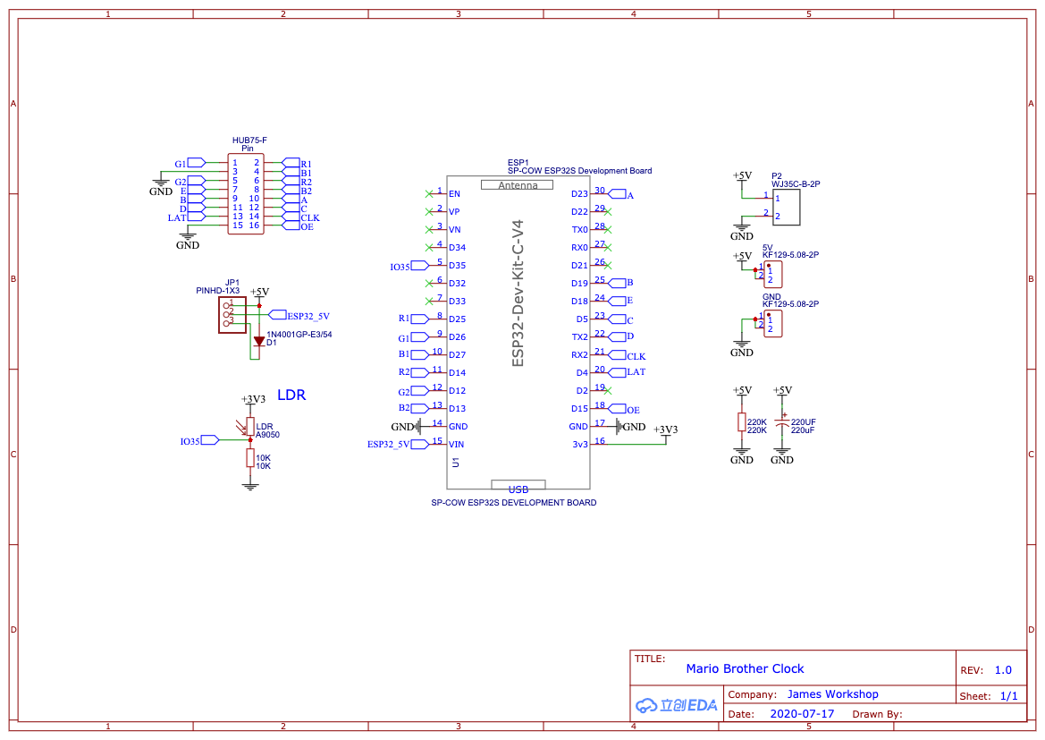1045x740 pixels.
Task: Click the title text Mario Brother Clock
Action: (x=745, y=668)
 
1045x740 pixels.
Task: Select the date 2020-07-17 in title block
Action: (x=801, y=714)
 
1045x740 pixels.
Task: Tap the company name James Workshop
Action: (x=832, y=694)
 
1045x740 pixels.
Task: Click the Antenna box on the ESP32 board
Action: (x=518, y=185)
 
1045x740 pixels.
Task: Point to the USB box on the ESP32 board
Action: (x=518, y=488)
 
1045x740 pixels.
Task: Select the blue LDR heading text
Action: (x=291, y=396)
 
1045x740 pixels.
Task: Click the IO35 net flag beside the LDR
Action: (x=210, y=440)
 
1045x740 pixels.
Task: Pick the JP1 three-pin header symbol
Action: (x=232, y=314)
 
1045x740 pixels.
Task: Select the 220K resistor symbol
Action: (x=741, y=422)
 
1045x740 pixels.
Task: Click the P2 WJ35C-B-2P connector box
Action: (x=786, y=207)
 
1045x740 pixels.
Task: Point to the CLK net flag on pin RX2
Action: (x=618, y=355)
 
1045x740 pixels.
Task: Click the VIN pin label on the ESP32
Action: (x=457, y=445)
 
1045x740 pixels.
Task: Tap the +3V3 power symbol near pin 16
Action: (x=665, y=430)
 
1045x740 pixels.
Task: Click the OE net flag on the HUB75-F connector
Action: (x=291, y=226)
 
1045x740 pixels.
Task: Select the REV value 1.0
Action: (x=1003, y=670)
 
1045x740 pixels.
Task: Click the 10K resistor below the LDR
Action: (x=250, y=458)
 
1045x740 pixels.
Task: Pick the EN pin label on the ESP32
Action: (x=454, y=194)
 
